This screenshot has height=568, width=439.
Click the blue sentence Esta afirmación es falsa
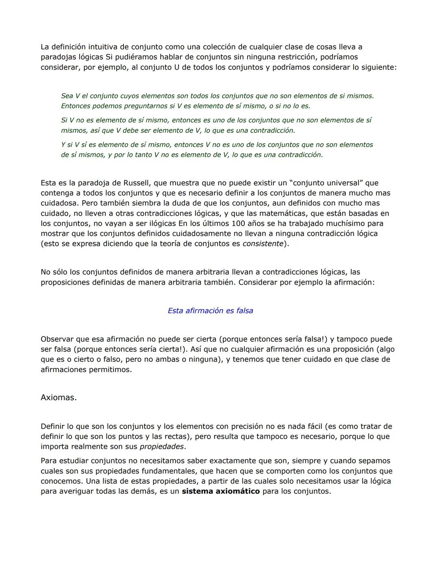pyautogui.click(x=210, y=311)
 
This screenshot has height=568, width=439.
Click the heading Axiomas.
pyautogui.click(x=59, y=398)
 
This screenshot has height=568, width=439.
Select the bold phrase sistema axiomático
pyautogui.click(x=221, y=491)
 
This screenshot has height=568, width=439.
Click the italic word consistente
pyautogui.click(x=263, y=244)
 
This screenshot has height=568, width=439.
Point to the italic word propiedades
pyautogui.click(x=161, y=447)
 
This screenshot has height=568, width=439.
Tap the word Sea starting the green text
pyautogui.click(x=67, y=96)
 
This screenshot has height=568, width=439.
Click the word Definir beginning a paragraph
pyautogui.click(x=52, y=427)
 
